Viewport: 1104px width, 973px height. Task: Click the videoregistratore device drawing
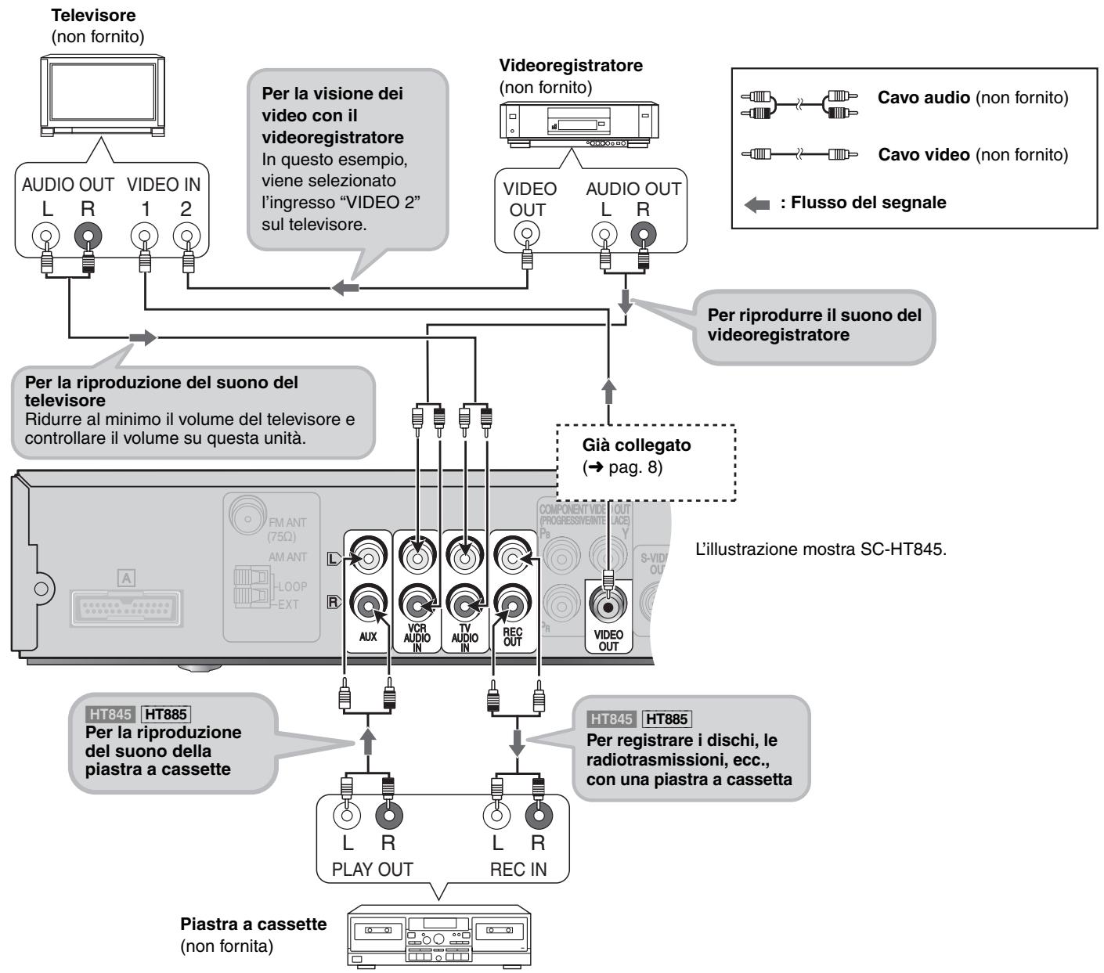coord(579,124)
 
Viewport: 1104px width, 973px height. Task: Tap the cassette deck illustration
coord(439,936)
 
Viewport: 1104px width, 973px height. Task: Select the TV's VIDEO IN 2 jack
coord(187,236)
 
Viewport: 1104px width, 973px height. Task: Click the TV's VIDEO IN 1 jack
coord(144,236)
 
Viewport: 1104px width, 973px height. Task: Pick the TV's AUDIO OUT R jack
coord(88,236)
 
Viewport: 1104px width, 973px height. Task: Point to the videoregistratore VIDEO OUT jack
coord(527,234)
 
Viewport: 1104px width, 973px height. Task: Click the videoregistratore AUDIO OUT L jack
coord(604,234)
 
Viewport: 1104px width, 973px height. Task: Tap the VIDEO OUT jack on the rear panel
coord(608,606)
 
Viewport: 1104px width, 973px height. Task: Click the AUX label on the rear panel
coord(368,636)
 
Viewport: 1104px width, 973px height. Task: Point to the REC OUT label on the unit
coord(512,637)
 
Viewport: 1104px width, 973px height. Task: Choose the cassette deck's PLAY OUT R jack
coord(389,816)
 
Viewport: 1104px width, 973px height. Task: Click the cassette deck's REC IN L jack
coord(496,816)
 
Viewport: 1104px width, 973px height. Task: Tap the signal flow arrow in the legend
coord(757,205)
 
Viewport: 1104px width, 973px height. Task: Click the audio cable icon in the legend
coord(799,105)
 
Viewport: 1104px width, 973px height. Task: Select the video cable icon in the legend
coord(799,154)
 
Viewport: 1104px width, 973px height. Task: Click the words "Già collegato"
coord(636,445)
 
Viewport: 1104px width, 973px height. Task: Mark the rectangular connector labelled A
coord(126,608)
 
